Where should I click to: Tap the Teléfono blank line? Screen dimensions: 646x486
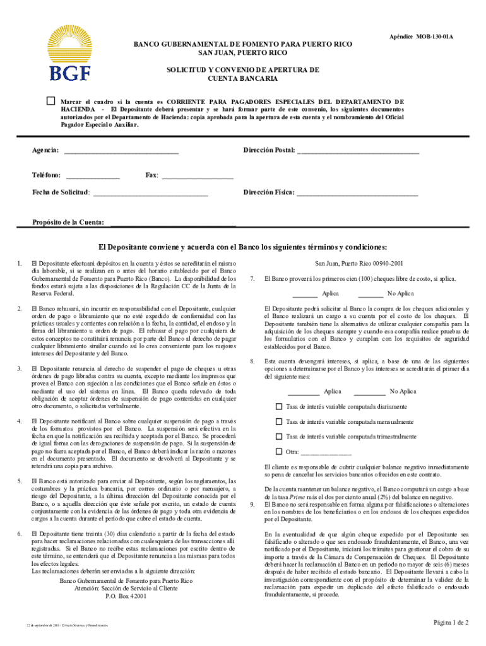[92, 175]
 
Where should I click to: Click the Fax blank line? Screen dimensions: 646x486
[198, 175]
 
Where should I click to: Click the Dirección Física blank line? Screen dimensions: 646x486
[357, 192]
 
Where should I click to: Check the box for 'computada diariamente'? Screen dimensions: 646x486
[278, 406]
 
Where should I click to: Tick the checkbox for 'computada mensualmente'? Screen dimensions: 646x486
[278, 421]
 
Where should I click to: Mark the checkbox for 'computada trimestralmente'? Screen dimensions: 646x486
[278, 436]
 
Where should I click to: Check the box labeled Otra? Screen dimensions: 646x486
[278, 451]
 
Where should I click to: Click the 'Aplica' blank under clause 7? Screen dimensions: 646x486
[305, 294]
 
